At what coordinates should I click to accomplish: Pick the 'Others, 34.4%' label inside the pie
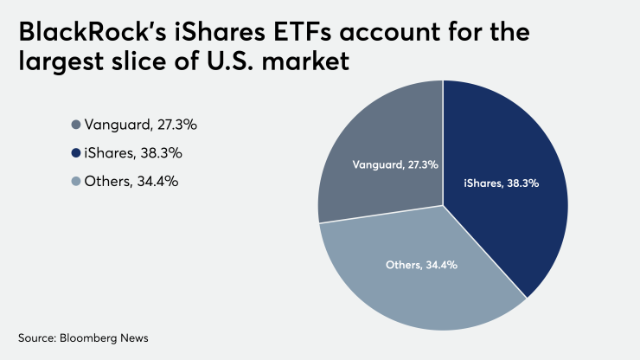421,264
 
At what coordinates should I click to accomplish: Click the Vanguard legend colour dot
76,125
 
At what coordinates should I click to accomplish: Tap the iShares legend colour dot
76,153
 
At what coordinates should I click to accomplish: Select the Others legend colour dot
76,182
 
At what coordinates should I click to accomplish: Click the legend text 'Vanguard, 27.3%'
141,125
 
